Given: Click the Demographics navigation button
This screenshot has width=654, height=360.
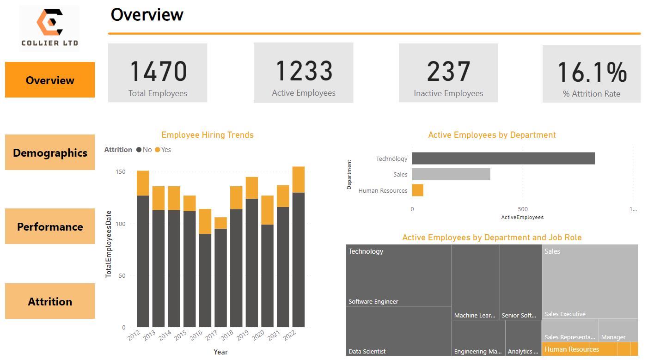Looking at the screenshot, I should pyautogui.click(x=50, y=153).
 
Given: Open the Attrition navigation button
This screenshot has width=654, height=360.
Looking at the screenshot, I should pyautogui.click(x=50, y=301).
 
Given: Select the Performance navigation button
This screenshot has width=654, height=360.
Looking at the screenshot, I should pyautogui.click(x=50, y=226).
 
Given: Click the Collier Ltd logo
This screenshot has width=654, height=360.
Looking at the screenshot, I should pyautogui.click(x=49, y=28).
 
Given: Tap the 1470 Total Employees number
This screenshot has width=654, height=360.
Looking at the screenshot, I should pyautogui.click(x=158, y=71).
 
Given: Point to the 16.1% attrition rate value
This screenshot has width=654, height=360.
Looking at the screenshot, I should pyautogui.click(x=592, y=72).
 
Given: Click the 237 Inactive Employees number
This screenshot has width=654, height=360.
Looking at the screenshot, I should pyautogui.click(x=448, y=72).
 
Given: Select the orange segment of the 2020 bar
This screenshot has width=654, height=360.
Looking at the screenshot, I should pyautogui.click(x=267, y=210).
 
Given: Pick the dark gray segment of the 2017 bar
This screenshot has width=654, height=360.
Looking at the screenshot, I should pyautogui.click(x=220, y=277).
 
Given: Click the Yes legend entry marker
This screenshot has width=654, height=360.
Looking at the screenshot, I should pyautogui.click(x=157, y=150).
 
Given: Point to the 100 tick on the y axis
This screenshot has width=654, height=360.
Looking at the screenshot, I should pyautogui.click(x=120, y=224).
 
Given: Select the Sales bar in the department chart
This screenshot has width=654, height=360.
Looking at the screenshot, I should pyautogui.click(x=451, y=174).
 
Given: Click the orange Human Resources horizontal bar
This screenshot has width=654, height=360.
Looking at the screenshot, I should pyautogui.click(x=417, y=190).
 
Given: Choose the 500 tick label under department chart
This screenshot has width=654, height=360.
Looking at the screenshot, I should pyautogui.click(x=522, y=209).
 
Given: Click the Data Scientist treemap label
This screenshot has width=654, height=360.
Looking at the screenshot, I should pyautogui.click(x=367, y=352).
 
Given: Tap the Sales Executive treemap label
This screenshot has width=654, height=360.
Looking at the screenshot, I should pyautogui.click(x=565, y=314).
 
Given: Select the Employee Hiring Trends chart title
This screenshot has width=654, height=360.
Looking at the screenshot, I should pyautogui.click(x=208, y=135).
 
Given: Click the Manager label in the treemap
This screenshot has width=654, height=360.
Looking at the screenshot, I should pyautogui.click(x=613, y=337).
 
